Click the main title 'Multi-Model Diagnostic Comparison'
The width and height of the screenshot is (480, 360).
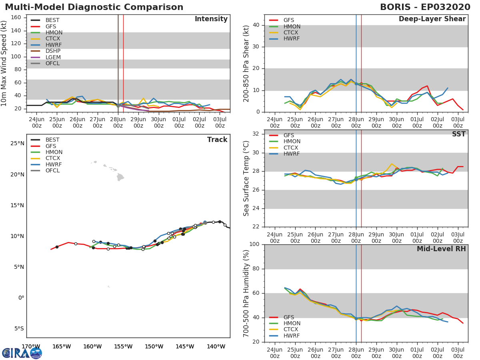(x=94, y=7)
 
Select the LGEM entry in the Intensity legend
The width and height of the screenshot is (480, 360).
(x=53, y=57)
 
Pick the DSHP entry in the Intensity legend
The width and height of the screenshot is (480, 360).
(x=53, y=51)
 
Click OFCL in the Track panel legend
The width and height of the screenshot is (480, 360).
(x=53, y=171)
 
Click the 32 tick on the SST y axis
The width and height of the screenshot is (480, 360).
(x=256, y=134)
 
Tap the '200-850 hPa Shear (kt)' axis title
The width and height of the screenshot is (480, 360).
(x=246, y=63)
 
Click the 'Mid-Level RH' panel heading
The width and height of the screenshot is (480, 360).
(x=441, y=249)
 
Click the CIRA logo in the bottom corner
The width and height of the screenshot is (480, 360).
(x=22, y=353)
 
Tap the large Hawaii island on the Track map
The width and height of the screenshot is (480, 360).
(x=120, y=177)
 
